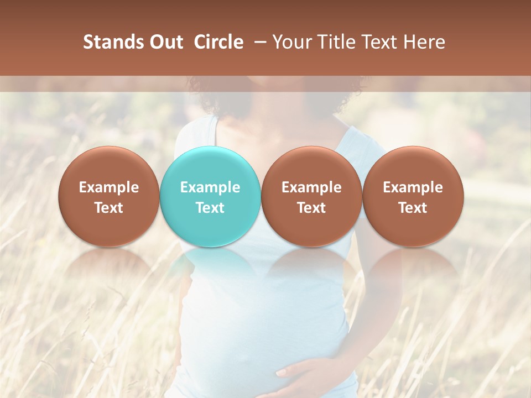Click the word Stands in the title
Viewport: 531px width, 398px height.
[112, 42]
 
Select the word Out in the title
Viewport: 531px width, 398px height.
[165, 42]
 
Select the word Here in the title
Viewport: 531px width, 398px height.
[425, 42]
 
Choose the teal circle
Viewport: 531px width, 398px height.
[210, 196]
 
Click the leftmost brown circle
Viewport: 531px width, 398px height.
[109, 196]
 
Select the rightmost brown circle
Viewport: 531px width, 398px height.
[413, 196]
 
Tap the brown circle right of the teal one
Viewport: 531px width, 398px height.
[311, 196]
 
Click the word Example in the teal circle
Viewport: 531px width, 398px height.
[210, 187]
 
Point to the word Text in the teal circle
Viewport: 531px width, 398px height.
[210, 208]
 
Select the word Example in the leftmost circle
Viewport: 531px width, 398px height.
[109, 187]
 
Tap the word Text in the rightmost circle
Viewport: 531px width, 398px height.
[413, 208]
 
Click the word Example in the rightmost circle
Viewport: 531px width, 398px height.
[413, 187]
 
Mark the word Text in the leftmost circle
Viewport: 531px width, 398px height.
[109, 208]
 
